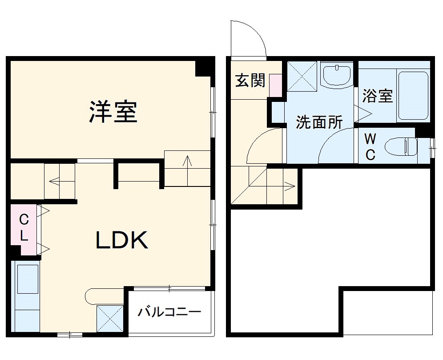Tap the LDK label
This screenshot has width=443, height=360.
[121, 241]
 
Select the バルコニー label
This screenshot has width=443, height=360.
[169, 311]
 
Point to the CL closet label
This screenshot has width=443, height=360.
[24, 227]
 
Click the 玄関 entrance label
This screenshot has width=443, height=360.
[250, 80]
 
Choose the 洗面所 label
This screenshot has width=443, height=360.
[319, 122]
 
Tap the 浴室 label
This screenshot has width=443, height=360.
[378, 96]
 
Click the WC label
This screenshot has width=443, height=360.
[370, 147]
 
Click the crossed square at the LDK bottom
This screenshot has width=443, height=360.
[109, 318]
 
